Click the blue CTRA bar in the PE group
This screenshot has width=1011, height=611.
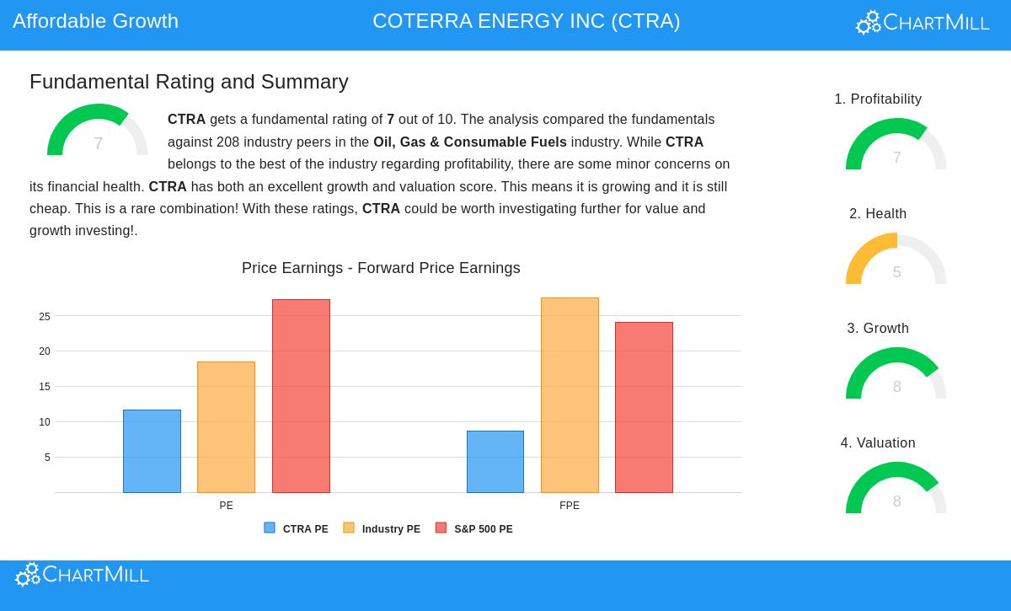[152, 451]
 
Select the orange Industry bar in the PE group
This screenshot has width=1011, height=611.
[226, 427]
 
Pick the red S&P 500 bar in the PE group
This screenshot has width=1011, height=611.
[301, 396]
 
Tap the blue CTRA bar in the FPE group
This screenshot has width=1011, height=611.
[495, 462]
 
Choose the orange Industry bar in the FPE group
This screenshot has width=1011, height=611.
[570, 395]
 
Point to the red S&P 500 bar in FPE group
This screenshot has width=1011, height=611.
[644, 407]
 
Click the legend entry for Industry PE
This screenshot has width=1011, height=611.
[382, 529]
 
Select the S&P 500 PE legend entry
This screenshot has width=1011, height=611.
[474, 529]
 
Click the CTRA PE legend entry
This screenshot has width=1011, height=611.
[297, 529]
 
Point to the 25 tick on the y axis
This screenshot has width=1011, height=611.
[45, 317]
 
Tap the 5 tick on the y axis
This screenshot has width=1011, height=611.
[47, 458]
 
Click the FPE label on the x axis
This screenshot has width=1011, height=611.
[570, 506]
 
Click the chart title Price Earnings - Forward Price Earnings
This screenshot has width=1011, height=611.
[381, 268]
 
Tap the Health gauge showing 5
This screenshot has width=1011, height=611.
[896, 261]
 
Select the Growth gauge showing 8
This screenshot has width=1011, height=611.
[896, 376]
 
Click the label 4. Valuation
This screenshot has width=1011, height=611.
[878, 443]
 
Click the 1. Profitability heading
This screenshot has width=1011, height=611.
[878, 99]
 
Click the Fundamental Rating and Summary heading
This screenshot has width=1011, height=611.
[189, 82]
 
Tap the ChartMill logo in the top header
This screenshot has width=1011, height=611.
[923, 23]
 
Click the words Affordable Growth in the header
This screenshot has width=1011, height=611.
[95, 21]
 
